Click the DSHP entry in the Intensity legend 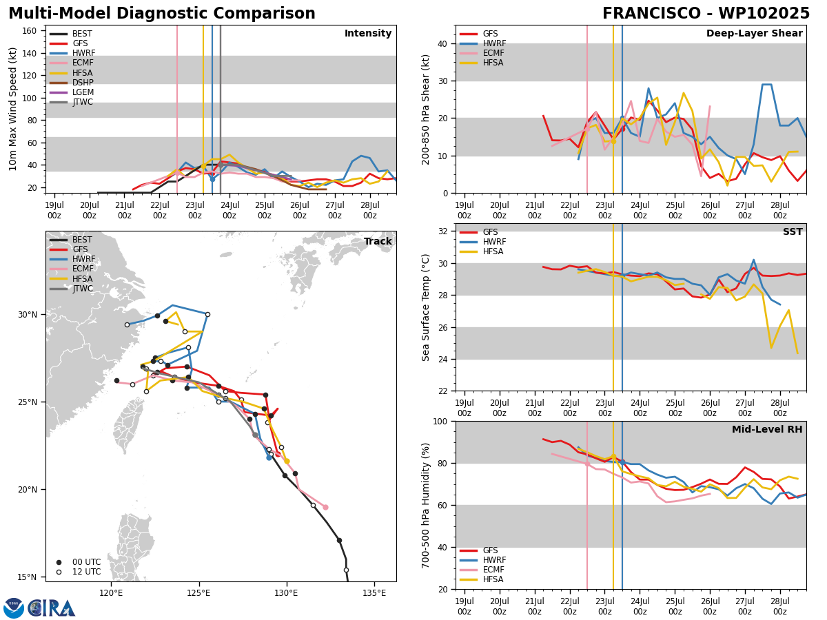click(x=71, y=83)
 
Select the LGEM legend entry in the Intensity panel click(x=71, y=92)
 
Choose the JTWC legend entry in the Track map click(x=71, y=289)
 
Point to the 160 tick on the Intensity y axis click(x=30, y=31)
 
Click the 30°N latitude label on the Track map click(x=28, y=315)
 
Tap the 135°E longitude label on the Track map click(x=374, y=593)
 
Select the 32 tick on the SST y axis click(x=443, y=231)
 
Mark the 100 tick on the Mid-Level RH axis click(x=441, y=421)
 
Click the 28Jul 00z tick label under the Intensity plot click(x=369, y=210)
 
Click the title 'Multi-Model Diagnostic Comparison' click(x=162, y=14)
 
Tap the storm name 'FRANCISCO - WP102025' click(x=706, y=13)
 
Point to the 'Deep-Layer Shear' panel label click(x=754, y=33)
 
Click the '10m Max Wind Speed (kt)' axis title click(x=12, y=109)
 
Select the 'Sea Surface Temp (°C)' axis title click(x=425, y=308)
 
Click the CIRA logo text click(x=51, y=608)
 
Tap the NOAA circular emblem click(x=14, y=608)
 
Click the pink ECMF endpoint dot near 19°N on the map click(x=325, y=508)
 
